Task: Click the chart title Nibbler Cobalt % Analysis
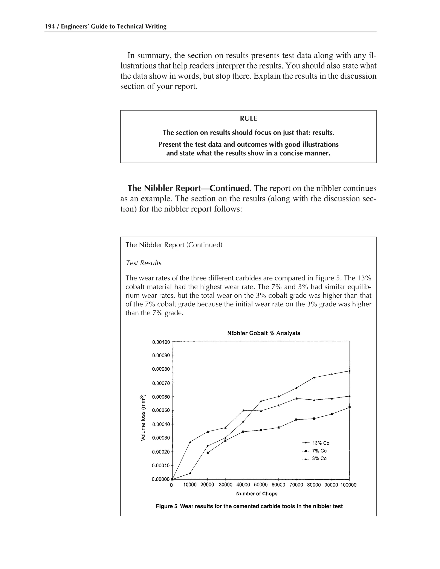tap(264, 333)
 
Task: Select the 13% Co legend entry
tap(321, 443)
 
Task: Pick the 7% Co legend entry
tap(319, 451)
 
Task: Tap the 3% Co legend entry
tap(319, 459)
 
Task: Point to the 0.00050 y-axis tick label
tap(161, 410)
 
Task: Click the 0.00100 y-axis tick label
tap(161, 342)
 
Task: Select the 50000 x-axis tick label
tap(261, 485)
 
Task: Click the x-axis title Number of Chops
tap(257, 494)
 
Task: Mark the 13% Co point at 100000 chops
tap(349, 371)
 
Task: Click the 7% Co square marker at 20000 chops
tap(208, 453)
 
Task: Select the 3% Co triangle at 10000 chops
tap(190, 442)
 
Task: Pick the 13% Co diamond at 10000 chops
tap(190, 473)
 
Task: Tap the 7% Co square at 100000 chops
tap(349, 407)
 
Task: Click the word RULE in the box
tap(248, 119)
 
